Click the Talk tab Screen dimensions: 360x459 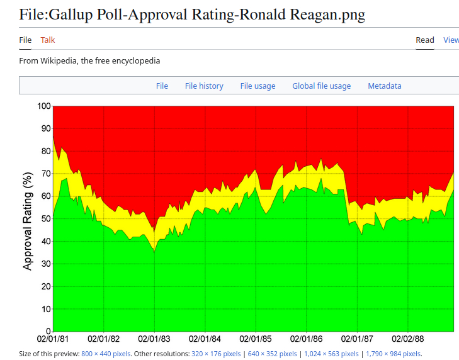coord(48,40)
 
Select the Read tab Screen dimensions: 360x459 coord(425,40)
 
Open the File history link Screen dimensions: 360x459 coord(204,86)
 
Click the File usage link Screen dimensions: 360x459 coord(258,86)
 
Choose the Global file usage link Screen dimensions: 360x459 coord(321,86)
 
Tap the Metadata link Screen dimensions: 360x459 coord(384,86)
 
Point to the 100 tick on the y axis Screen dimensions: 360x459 coord(43,106)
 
